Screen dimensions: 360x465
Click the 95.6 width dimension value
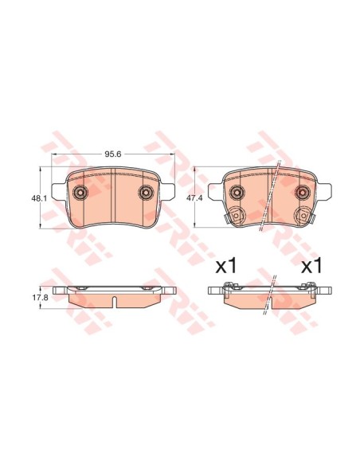114,154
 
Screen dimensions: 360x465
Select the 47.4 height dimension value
194,198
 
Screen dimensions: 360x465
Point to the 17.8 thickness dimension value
40,298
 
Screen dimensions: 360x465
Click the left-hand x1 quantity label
226,265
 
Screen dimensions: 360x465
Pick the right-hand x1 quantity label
311,265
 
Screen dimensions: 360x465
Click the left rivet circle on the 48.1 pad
80,193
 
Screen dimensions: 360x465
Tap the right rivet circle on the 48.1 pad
146,193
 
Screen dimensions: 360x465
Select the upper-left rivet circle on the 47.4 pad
237,193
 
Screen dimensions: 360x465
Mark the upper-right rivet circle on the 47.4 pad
302,193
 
